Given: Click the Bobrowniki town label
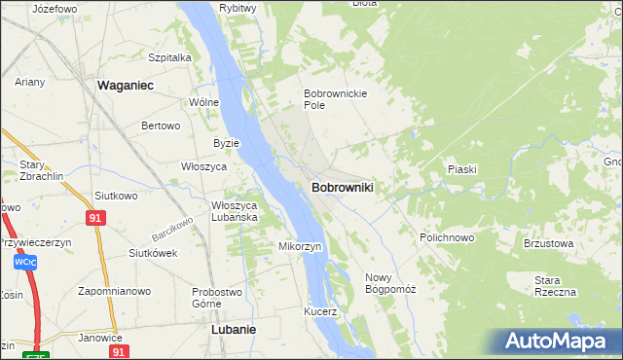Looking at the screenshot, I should click(343, 186).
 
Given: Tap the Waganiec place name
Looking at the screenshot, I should click(127, 86).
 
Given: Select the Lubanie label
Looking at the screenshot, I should click(234, 329).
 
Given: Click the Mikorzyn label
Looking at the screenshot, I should click(301, 246).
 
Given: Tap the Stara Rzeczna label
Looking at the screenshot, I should click(555, 286).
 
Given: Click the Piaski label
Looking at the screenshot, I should click(461, 169).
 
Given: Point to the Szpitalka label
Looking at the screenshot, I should click(170, 57).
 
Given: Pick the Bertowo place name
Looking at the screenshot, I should click(162, 126).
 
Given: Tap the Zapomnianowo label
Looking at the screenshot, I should click(115, 291).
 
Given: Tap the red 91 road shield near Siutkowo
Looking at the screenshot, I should click(94, 219).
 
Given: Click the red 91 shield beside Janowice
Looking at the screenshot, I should click(118, 351).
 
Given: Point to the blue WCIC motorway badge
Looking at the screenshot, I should click(25, 262).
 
